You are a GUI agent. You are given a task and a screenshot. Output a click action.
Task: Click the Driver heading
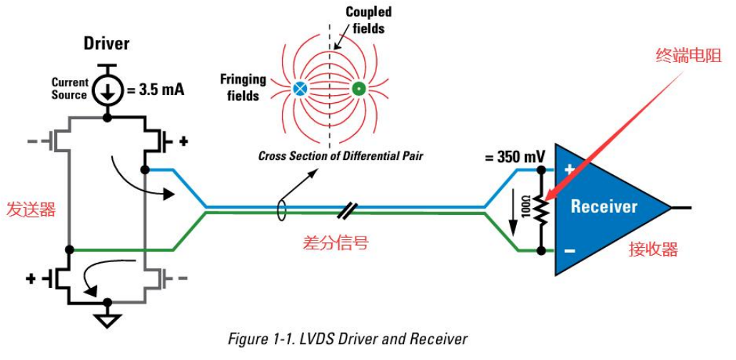coord(106,44)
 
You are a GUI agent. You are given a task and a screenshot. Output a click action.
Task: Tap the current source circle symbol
coord(107,89)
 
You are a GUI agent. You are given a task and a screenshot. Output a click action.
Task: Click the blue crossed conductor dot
coord(300,89)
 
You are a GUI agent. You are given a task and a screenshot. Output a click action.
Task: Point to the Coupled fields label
coord(368,20)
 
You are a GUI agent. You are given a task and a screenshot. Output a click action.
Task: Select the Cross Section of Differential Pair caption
coord(341,156)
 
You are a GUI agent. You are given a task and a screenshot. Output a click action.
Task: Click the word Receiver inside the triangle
coord(603,207)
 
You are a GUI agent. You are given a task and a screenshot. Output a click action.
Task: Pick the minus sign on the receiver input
coord(569,251)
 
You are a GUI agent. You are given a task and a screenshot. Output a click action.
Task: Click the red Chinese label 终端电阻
coord(688,56)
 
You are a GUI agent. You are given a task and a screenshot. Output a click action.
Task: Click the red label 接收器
coord(652,249)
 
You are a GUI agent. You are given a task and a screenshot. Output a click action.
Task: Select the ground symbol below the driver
coord(107,320)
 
